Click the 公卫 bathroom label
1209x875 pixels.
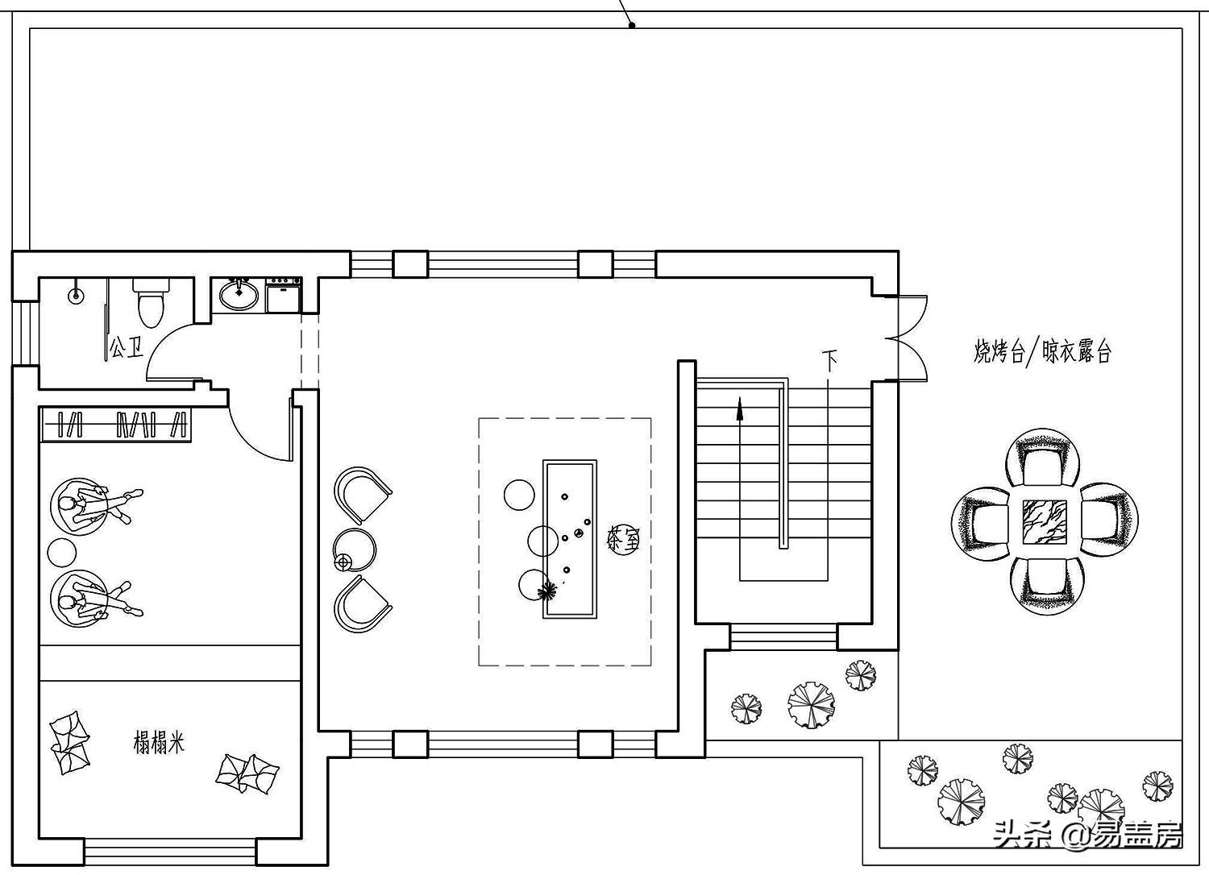click(x=127, y=348)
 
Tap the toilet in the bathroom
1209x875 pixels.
click(x=151, y=300)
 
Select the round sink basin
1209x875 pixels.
click(x=239, y=294)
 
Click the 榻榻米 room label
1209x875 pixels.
click(x=159, y=742)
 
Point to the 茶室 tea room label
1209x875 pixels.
click(x=623, y=540)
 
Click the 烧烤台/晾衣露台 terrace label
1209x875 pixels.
click(x=1042, y=352)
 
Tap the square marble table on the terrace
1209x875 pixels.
click(x=1045, y=521)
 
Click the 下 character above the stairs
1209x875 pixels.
click(x=830, y=359)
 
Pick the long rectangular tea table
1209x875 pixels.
click(x=570, y=539)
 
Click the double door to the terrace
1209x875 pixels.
click(x=909, y=338)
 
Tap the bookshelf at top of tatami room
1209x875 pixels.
click(x=116, y=425)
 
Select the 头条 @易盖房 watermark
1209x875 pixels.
click(x=1088, y=835)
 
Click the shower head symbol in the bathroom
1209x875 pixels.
click(x=76, y=295)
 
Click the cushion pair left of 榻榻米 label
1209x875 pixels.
click(x=70, y=743)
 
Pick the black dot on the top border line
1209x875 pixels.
click(x=632, y=25)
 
